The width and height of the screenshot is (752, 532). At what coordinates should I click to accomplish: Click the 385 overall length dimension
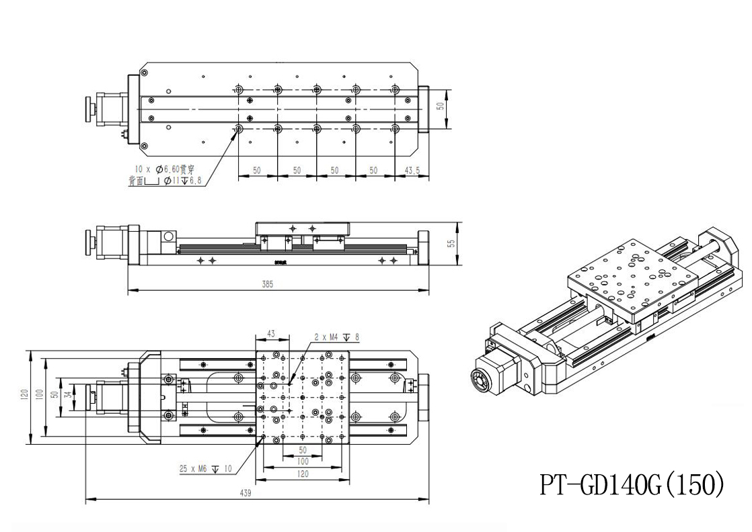click(268, 285)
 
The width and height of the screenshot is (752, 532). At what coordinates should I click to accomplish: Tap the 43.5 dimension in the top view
click(412, 171)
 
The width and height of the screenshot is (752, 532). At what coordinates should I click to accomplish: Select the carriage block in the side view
click(302, 229)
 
